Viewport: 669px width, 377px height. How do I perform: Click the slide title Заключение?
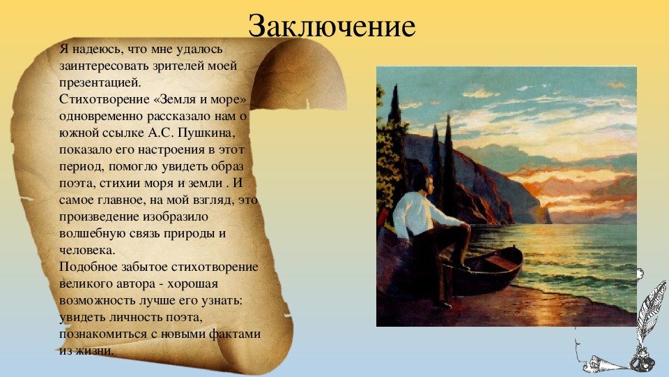point(332,26)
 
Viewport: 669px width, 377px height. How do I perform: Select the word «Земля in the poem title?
point(174,99)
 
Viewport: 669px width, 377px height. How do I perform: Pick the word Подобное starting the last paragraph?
point(89,267)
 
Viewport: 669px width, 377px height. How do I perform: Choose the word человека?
point(87,250)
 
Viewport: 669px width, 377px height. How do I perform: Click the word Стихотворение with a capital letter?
point(104,99)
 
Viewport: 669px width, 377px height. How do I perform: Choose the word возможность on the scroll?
point(98,300)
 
